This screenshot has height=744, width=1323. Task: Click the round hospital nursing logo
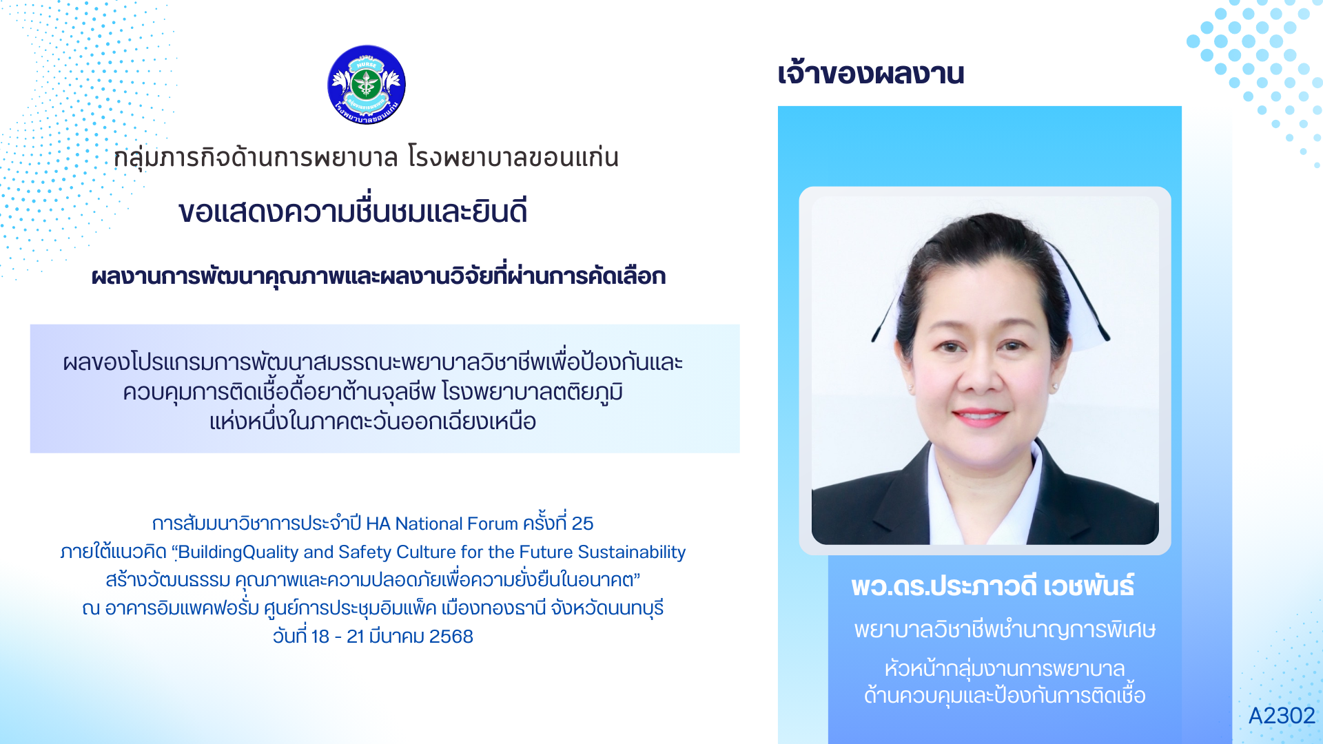pos(367,85)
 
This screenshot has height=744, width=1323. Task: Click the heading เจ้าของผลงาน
pos(871,73)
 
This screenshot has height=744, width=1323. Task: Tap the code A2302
pos(1282,716)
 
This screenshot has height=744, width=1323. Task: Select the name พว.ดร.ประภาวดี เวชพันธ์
pos(993,586)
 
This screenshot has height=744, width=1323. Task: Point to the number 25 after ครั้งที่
pos(582,524)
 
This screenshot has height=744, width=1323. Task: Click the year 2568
pos(451,637)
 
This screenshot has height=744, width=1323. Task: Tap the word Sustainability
pos(632,552)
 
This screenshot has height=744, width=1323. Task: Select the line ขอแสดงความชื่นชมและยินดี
pos(353,211)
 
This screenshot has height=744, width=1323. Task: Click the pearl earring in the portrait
pos(1055,386)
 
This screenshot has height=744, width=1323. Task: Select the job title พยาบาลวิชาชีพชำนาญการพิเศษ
pos(1005,630)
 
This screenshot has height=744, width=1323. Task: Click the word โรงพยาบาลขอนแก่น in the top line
pos(513,158)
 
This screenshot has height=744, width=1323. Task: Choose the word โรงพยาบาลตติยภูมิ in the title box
pos(532,392)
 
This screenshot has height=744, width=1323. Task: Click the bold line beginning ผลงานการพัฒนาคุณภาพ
pos(379,276)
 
